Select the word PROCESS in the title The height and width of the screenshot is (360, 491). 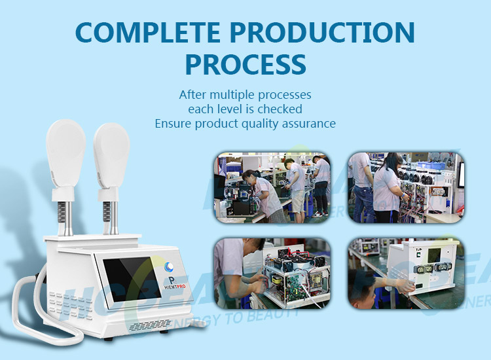[245, 64]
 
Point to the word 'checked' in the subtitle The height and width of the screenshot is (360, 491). [282, 109]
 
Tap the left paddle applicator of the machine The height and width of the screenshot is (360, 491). [65, 154]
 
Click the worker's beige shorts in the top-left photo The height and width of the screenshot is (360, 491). [299, 200]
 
